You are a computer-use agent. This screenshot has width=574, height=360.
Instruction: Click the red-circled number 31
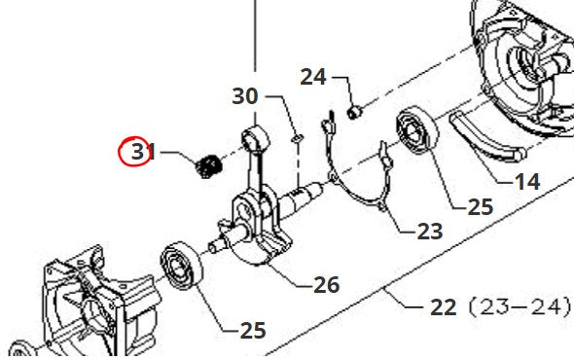tap(143, 151)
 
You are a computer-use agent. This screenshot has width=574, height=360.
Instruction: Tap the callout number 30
tap(245, 96)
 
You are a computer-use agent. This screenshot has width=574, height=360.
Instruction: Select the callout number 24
tap(313, 77)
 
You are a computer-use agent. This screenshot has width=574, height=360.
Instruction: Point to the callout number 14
tap(527, 182)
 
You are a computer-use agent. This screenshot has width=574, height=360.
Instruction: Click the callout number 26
tap(327, 284)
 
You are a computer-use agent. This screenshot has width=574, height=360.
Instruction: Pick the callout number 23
tap(430, 232)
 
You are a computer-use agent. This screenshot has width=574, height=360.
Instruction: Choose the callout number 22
tap(444, 306)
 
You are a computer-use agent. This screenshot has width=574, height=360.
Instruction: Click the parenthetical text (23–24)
tap(520, 306)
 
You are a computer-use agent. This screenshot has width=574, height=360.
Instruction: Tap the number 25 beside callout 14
tap(481, 207)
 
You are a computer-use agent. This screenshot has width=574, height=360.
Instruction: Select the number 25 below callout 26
tap(253, 331)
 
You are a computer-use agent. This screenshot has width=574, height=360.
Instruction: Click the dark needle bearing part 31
tap(208, 166)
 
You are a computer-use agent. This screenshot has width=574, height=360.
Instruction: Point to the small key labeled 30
tap(298, 138)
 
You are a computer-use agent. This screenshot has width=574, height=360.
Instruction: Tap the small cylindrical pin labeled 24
tap(354, 111)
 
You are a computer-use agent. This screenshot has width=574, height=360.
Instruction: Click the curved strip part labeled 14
tap(485, 137)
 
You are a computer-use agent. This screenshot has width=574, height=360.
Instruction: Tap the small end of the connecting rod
tap(255, 138)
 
